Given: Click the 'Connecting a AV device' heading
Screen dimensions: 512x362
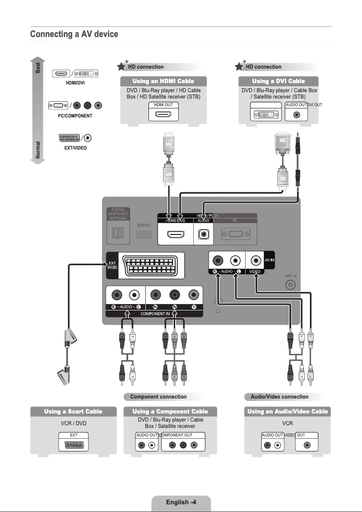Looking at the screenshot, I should (x=74, y=34).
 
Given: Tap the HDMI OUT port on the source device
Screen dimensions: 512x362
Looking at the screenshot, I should (x=163, y=114).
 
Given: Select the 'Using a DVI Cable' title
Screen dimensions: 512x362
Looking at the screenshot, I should (x=278, y=81).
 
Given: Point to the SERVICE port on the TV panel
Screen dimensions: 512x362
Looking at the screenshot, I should (x=144, y=235).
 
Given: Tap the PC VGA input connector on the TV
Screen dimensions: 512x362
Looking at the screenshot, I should (x=235, y=235).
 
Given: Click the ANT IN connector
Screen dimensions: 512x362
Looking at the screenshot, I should (x=291, y=285).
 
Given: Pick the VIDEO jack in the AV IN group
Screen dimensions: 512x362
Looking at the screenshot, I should (x=255, y=261).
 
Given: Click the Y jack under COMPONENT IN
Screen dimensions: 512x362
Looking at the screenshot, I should (x=194, y=296).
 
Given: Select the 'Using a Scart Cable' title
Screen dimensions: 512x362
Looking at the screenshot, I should (x=73, y=412).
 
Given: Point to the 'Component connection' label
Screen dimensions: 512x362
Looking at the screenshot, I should (x=158, y=397).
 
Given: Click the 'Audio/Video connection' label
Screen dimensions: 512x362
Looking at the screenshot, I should (x=279, y=397).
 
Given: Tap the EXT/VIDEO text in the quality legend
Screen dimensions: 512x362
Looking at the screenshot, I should (x=75, y=148).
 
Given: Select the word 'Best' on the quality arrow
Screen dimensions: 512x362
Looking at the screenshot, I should (x=38, y=68).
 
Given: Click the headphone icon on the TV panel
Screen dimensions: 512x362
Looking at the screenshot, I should (x=218, y=311).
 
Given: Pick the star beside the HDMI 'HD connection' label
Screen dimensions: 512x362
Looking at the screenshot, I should (x=121, y=67).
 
